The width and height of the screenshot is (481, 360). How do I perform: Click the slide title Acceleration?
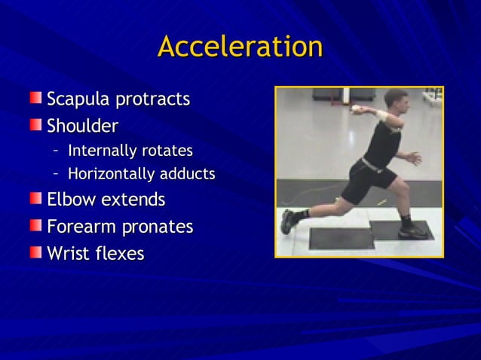240,47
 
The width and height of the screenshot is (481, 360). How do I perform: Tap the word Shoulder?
82,125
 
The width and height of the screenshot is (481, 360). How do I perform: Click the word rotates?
167,151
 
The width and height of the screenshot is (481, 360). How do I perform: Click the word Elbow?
71,200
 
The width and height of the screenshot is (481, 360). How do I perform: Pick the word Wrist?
69,253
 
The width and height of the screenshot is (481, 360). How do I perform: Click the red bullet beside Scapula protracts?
36,98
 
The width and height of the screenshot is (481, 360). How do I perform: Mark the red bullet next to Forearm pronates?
36,225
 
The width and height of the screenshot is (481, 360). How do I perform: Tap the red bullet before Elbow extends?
36,199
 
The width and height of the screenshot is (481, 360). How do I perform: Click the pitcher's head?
396,99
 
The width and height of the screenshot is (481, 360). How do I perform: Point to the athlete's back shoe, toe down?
288,221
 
